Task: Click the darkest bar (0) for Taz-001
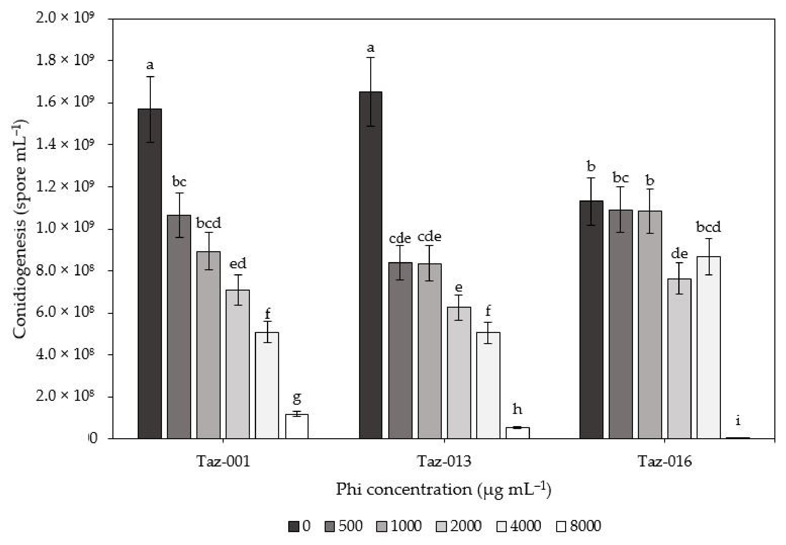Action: click(x=150, y=273)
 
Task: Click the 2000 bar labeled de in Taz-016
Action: click(x=679, y=358)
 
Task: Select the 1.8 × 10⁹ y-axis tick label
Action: click(x=65, y=59)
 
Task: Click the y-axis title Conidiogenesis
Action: click(x=20, y=229)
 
